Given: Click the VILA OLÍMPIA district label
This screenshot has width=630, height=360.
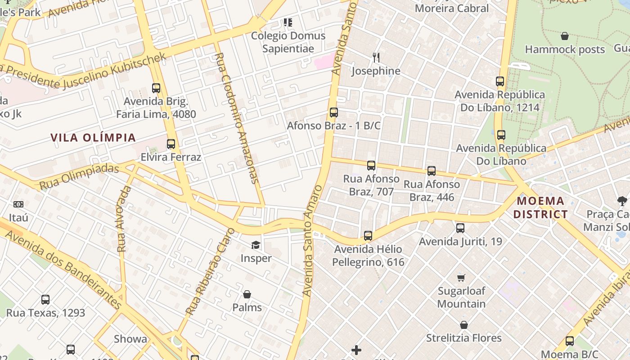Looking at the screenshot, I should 93,138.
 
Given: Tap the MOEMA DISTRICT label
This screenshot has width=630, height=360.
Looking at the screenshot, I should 540,207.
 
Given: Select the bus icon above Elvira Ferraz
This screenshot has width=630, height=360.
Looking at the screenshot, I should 171,144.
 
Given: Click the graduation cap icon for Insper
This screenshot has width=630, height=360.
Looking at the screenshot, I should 256,245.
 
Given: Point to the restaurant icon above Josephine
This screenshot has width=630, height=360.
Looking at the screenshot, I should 376,58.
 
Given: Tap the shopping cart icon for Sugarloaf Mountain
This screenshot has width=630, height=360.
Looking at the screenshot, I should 461,278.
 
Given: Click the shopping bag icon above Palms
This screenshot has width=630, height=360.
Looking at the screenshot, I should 247,294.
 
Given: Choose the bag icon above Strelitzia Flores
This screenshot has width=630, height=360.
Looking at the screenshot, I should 464,325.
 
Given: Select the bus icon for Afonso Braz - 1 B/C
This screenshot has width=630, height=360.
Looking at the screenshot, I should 333,112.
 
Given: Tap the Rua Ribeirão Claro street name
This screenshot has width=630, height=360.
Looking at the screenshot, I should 210,272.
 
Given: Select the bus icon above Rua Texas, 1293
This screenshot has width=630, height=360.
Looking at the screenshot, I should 45,300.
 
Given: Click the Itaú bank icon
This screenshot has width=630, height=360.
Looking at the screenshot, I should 18,204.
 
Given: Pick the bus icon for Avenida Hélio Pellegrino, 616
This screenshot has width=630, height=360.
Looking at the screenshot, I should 368,235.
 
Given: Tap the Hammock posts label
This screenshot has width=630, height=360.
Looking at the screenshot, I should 565,49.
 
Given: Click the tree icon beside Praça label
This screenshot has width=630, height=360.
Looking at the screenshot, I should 622,201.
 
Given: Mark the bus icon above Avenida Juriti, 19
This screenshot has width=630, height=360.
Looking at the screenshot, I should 460,228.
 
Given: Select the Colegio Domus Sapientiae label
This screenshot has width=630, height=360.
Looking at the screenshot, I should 288,42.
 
